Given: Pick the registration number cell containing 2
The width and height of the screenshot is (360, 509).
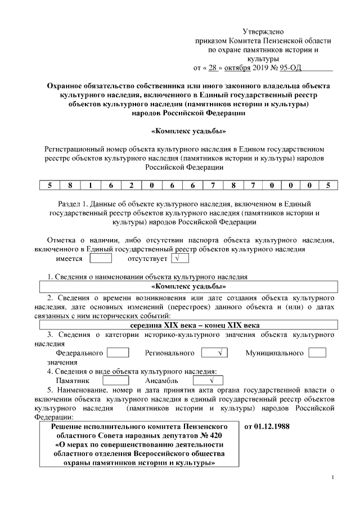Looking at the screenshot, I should (x=132, y=184).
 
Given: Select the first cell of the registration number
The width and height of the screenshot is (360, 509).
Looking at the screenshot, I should (x=50, y=184).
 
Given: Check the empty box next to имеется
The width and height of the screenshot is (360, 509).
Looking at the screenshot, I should (x=101, y=259).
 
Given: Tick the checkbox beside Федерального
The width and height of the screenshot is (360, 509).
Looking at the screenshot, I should (x=118, y=353).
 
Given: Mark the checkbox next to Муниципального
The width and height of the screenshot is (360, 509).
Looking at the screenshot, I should (x=318, y=353).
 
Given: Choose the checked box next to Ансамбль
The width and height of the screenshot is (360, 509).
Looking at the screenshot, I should (x=204, y=381).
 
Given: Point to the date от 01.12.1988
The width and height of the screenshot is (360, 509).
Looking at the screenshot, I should (x=267, y=426).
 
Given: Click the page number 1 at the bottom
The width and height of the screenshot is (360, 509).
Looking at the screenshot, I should (x=333, y=478).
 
